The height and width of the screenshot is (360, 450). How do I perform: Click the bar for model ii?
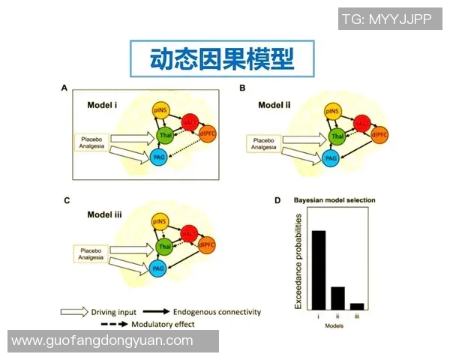[338, 298]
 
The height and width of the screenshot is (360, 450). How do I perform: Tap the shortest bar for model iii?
[357, 306]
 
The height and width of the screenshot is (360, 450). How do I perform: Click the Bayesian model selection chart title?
[334, 200]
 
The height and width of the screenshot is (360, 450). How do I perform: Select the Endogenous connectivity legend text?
[217, 311]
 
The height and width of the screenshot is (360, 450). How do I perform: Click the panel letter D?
[277, 200]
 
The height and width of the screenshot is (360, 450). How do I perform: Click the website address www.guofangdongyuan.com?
[103, 340]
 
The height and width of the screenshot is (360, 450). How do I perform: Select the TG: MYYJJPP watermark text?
[387, 19]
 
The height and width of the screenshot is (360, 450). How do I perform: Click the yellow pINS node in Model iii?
[159, 223]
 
